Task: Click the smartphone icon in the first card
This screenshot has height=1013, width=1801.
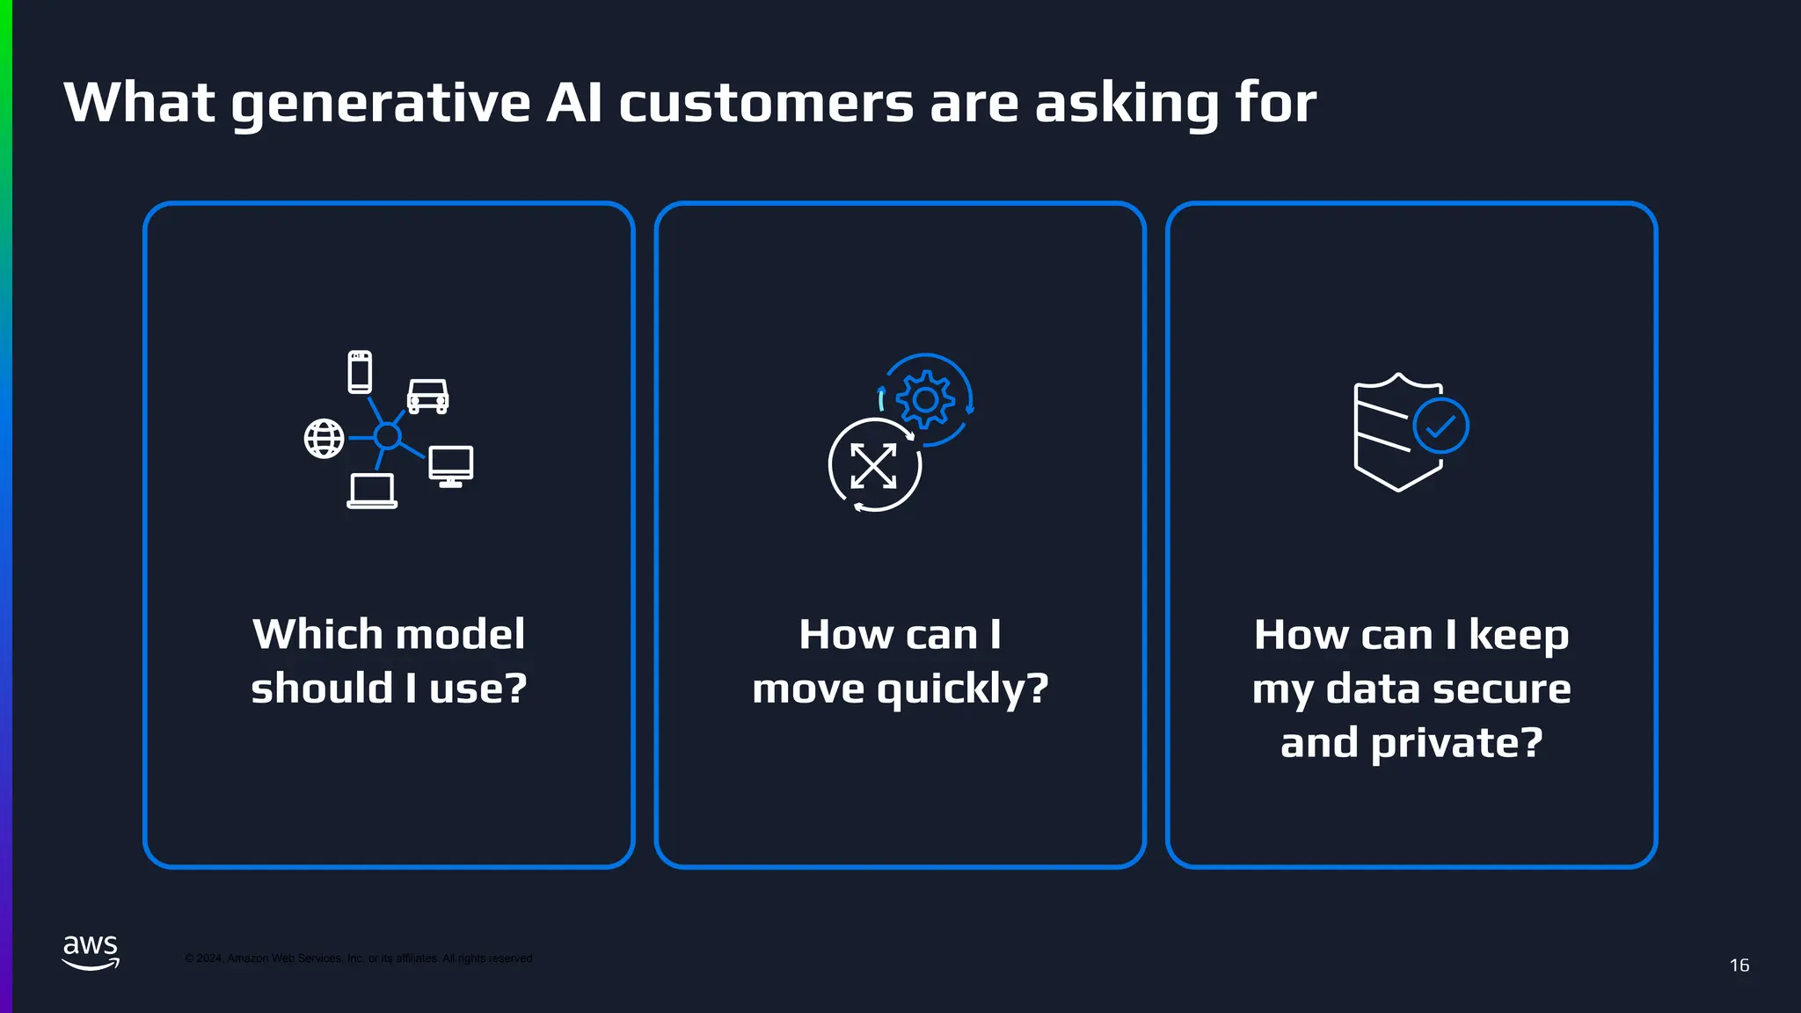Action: point(360,371)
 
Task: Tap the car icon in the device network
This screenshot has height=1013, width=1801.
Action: point(428,397)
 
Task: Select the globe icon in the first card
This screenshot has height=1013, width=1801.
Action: point(324,438)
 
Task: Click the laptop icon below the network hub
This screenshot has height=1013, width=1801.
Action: point(372,491)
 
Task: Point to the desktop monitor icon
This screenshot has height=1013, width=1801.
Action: point(451,465)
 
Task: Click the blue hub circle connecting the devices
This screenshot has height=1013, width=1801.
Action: point(387,435)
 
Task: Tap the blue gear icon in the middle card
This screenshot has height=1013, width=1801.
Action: point(925,400)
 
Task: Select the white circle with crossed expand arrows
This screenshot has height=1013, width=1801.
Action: point(874,465)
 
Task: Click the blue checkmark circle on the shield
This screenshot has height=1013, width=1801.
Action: point(1440,426)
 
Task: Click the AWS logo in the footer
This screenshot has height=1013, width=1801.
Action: point(91,952)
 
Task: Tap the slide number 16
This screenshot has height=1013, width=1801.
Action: point(1739,966)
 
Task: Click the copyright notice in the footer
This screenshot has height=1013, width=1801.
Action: point(358,958)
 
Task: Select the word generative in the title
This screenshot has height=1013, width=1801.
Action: point(380,104)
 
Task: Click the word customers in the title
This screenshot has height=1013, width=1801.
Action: point(766,104)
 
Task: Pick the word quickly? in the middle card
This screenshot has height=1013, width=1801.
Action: point(963,689)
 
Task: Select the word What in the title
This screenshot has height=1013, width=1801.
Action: point(139,102)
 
